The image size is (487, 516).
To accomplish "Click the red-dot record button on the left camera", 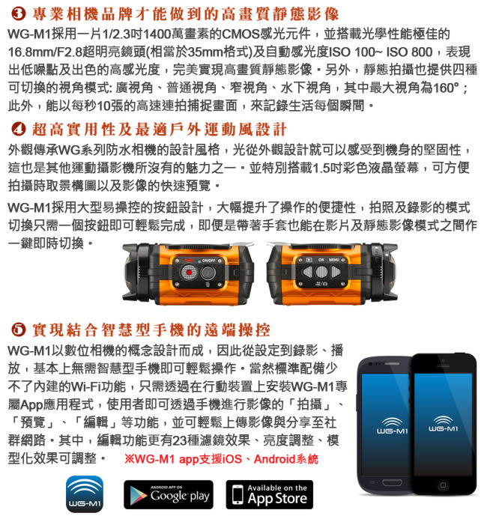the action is (189, 273).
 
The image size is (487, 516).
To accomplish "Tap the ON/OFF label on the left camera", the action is (209, 261).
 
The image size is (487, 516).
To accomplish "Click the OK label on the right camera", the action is (321, 260).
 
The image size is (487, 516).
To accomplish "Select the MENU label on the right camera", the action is (334, 260).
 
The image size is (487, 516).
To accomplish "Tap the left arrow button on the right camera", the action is (308, 272).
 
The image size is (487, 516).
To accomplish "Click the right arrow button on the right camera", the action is (335, 272).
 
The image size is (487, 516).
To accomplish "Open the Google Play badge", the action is (169, 494).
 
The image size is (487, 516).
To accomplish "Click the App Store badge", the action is (269, 494).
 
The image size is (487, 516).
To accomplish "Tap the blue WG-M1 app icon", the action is (85, 494).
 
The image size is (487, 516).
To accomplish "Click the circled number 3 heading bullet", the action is (18, 13).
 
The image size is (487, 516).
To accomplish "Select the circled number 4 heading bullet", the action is (18, 129).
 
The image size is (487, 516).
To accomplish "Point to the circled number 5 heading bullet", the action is (18, 330).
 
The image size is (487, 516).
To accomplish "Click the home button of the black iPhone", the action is (443, 485).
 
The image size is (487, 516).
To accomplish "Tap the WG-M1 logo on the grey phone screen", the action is (392, 426).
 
